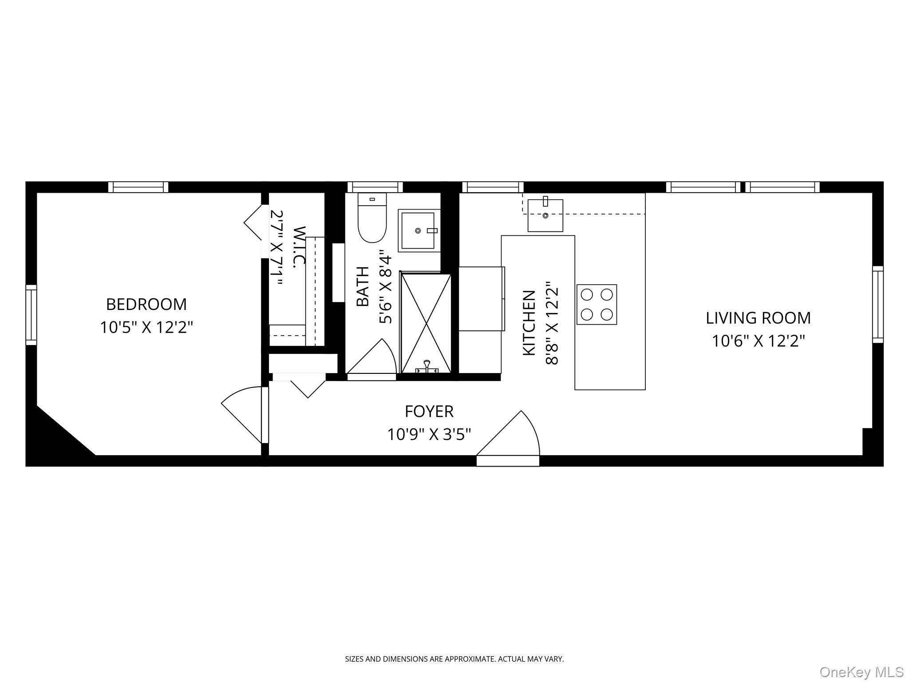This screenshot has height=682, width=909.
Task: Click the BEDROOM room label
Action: (x=146, y=305)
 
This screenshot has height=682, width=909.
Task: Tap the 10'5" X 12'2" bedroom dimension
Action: (x=146, y=328)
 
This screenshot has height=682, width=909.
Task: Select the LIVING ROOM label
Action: (x=758, y=318)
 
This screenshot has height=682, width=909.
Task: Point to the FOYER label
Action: (x=429, y=412)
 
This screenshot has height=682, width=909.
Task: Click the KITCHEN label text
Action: (x=529, y=323)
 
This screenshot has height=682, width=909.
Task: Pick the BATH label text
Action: (x=363, y=286)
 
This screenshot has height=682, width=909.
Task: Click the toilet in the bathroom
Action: (x=372, y=220)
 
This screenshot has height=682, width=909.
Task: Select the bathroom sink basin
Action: (x=418, y=230)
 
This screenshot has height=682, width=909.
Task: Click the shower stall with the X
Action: (x=426, y=323)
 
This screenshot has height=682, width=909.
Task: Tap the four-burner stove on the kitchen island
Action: (x=597, y=304)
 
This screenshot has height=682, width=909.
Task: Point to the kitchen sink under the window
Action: (x=545, y=215)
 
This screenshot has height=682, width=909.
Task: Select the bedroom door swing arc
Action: (x=242, y=413)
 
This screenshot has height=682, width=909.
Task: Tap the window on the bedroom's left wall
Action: (x=31, y=315)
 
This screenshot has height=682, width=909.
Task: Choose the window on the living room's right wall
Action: (x=877, y=304)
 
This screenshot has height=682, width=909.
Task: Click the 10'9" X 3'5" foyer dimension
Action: (x=429, y=434)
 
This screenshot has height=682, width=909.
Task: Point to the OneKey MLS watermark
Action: (x=861, y=672)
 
